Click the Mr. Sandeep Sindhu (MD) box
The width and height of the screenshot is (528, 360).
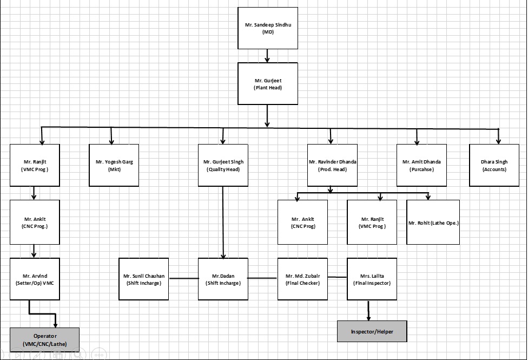(x=268, y=28)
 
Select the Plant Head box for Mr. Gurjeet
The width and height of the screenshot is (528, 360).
(x=268, y=83)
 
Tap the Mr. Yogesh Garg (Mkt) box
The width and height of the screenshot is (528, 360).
(x=114, y=165)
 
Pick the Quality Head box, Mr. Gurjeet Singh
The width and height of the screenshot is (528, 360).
(x=223, y=165)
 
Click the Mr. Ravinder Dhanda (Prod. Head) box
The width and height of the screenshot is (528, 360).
(x=333, y=165)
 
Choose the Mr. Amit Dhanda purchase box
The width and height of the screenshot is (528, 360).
(x=421, y=165)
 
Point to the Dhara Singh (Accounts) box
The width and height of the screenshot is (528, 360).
(x=494, y=165)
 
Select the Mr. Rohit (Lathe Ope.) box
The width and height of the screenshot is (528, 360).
(x=433, y=222)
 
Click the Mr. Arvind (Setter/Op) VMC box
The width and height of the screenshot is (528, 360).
(x=35, y=279)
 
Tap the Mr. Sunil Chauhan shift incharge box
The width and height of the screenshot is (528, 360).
(x=144, y=279)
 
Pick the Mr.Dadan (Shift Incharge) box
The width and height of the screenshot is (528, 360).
(x=223, y=279)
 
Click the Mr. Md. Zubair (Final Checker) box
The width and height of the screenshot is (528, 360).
(x=302, y=279)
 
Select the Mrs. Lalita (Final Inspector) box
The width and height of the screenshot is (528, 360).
(x=372, y=279)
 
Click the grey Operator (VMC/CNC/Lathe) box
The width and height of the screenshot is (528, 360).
(x=44, y=339)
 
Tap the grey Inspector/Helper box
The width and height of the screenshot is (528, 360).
(x=372, y=331)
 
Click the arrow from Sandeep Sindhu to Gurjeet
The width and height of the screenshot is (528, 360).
(x=267, y=56)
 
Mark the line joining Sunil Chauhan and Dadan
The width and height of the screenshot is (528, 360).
(x=183, y=278)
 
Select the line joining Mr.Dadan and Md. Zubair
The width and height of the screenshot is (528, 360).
(x=263, y=278)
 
